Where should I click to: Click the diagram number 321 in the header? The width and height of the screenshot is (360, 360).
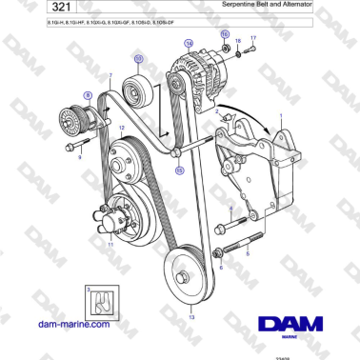coord(32,9)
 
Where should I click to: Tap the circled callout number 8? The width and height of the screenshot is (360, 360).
coord(88,95)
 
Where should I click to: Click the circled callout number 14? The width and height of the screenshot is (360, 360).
coord(189,44)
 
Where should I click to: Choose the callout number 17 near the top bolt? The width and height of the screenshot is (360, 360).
coord(253,38)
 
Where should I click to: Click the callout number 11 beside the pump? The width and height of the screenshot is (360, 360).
coord(110,246)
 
